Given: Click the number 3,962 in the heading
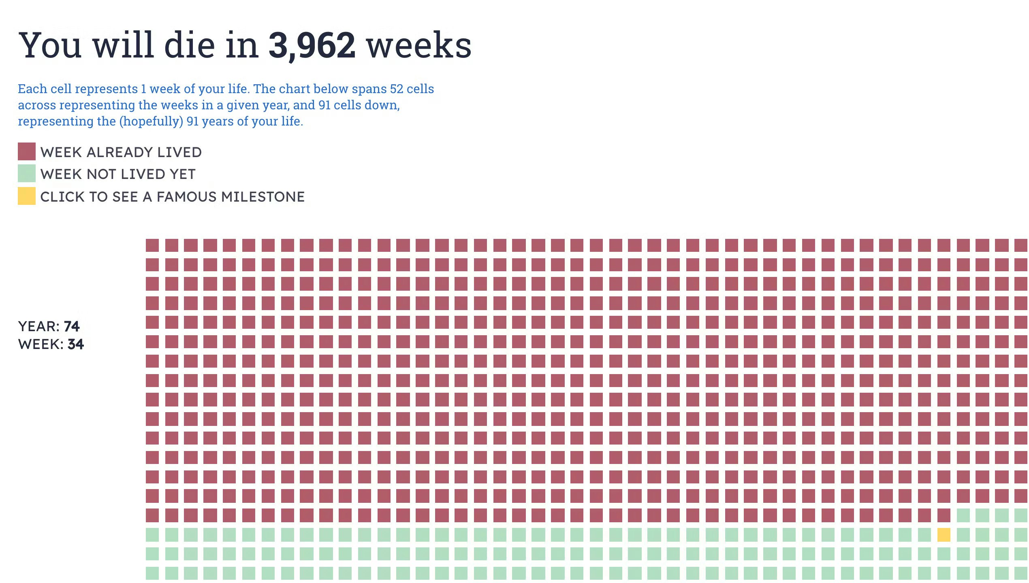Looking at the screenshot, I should (312, 45).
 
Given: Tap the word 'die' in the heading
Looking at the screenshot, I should (190, 45).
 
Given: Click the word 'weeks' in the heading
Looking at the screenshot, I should (419, 45).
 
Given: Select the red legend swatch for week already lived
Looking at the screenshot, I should (27, 152).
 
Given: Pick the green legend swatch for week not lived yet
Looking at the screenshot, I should (27, 174).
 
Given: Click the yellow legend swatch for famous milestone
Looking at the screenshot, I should (27, 196).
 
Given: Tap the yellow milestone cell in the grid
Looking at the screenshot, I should (944, 535).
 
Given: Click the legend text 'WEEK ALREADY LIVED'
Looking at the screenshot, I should (121, 152).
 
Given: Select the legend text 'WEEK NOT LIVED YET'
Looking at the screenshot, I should (118, 174).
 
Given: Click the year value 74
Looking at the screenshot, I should (72, 326).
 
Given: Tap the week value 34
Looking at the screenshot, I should (76, 344).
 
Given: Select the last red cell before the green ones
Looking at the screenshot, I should (944, 515).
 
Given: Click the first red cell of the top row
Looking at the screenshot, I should (152, 245).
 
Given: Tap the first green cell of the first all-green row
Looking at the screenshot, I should (152, 535).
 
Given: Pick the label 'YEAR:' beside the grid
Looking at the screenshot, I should (39, 326).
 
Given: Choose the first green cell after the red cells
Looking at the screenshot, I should (963, 515).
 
